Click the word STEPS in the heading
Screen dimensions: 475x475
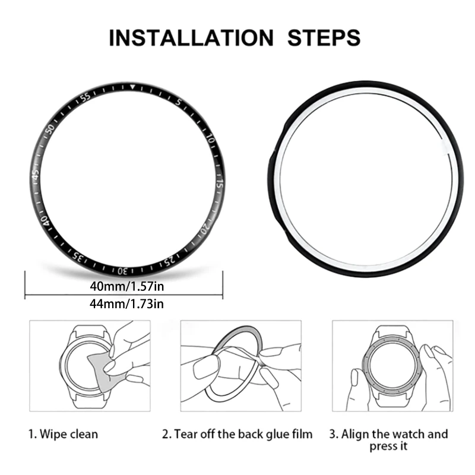tap(324, 37)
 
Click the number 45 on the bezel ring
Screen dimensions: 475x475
tap(37, 176)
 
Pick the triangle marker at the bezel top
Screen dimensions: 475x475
tap(132, 88)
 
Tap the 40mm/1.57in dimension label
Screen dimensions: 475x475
tap(127, 286)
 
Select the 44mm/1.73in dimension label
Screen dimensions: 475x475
tap(127, 304)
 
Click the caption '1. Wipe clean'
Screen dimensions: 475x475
tap(64, 434)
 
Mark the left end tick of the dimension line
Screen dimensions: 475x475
tap(24, 285)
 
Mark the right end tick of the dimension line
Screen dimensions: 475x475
tap(223, 285)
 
